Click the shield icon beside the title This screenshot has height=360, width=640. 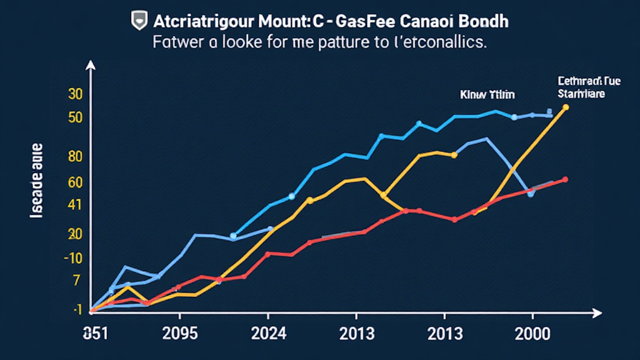[138, 21]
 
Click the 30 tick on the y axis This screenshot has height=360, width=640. [75, 94]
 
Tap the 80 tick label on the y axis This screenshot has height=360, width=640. [75, 157]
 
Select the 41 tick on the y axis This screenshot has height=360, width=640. [75, 204]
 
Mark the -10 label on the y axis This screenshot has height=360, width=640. [72, 258]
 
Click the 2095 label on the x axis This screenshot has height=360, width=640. [179, 333]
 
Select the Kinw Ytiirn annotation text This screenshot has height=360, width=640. [487, 95]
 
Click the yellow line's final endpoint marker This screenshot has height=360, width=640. [566, 107]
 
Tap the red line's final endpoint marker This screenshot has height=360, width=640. [565, 179]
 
